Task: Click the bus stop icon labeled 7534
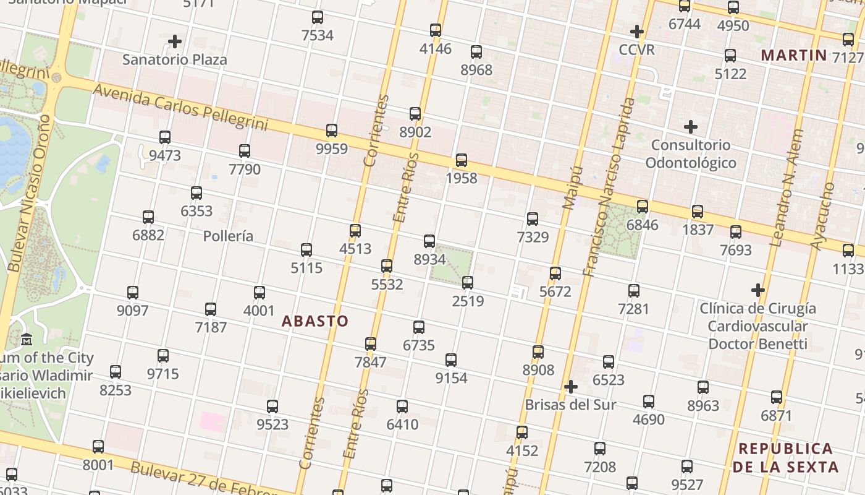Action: [318, 17]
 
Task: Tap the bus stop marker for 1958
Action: [462, 160]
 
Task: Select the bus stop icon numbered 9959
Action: [332, 131]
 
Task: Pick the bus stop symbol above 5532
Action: [387, 266]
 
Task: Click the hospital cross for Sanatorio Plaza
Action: [175, 42]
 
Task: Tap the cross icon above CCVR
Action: [637, 32]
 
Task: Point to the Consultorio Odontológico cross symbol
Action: [691, 127]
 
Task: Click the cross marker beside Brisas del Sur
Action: [571, 387]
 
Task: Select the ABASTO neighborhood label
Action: [315, 321]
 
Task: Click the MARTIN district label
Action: [793, 55]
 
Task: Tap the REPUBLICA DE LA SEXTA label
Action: [786, 457]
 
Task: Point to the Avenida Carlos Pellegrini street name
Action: [180, 107]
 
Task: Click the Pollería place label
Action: [228, 236]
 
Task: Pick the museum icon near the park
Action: [27, 340]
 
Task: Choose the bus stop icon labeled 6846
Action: [643, 207]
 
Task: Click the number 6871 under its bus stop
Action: [777, 415]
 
